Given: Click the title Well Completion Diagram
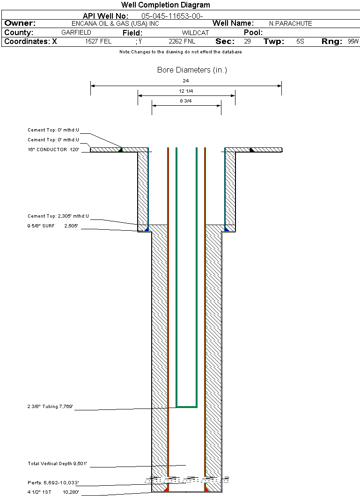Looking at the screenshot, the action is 165,5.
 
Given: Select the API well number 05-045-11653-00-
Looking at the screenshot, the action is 172,16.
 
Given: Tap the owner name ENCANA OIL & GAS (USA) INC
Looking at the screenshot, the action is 115,23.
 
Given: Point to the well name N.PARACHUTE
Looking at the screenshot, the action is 290,23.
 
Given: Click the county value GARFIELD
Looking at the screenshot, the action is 76,32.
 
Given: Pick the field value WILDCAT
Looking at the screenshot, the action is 195,33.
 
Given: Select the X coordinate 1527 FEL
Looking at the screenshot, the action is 98,42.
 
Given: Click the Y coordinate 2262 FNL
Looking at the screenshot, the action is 182,42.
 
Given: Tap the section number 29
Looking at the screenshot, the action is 247,41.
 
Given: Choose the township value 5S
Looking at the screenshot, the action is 300,41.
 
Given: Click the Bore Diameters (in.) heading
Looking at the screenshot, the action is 192,70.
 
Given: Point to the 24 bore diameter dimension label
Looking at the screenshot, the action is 186,81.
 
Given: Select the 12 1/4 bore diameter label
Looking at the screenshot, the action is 186,91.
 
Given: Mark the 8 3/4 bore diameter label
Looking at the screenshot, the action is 186,101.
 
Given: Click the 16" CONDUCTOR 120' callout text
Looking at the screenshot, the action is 53,149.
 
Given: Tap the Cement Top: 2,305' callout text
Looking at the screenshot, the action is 58,216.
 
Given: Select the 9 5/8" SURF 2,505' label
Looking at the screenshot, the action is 52,226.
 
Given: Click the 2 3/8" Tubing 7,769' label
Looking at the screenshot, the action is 50,407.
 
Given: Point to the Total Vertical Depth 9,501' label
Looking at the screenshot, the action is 57,464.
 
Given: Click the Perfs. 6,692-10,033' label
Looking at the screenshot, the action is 53,483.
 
